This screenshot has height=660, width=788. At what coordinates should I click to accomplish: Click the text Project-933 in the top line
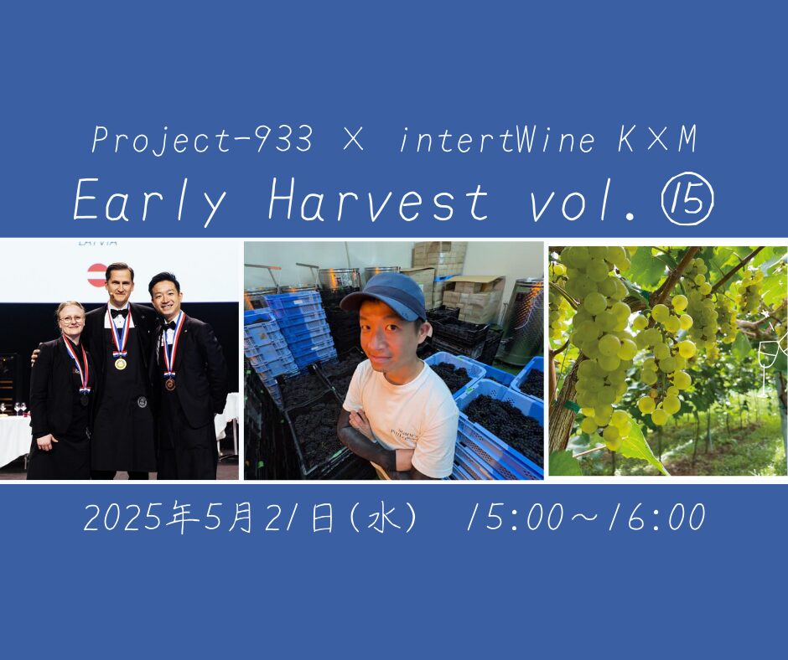[202, 140]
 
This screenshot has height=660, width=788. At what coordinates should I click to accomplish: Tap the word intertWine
[497, 139]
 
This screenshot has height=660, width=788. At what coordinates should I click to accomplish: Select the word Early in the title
[150, 201]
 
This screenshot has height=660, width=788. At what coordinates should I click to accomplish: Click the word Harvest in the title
[378, 200]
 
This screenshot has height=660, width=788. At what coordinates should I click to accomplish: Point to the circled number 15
[688, 201]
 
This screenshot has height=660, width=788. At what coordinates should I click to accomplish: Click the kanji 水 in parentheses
[385, 518]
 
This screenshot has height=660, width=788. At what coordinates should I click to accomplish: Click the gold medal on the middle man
[120, 364]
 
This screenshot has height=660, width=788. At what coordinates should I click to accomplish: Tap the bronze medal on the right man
[170, 384]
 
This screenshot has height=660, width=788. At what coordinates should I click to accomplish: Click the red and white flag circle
[97, 275]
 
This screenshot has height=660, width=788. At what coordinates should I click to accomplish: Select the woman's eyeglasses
[71, 319]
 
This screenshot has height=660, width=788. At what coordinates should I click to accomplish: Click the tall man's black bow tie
[120, 313]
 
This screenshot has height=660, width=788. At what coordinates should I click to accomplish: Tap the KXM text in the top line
[657, 139]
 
